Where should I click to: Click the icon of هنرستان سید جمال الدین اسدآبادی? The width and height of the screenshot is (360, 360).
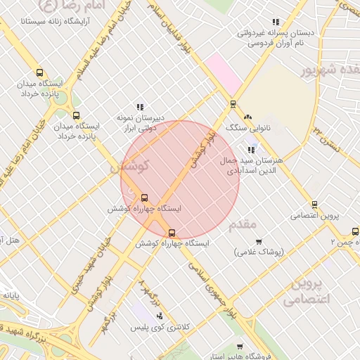pos(251,149)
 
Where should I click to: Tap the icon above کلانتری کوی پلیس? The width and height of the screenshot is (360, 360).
pos(160,316)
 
